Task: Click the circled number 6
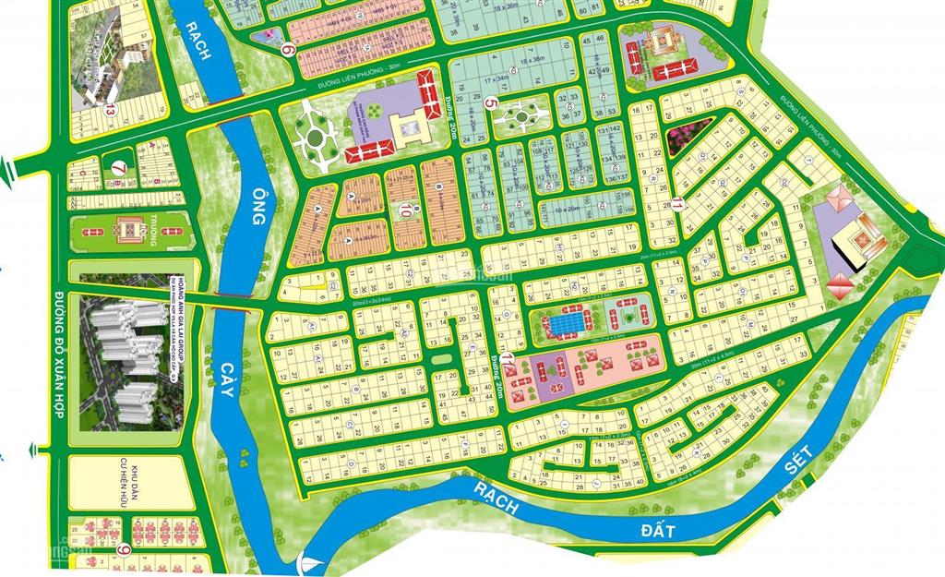click(289, 52)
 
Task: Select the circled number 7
click(117, 169)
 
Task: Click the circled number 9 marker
click(125, 551)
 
